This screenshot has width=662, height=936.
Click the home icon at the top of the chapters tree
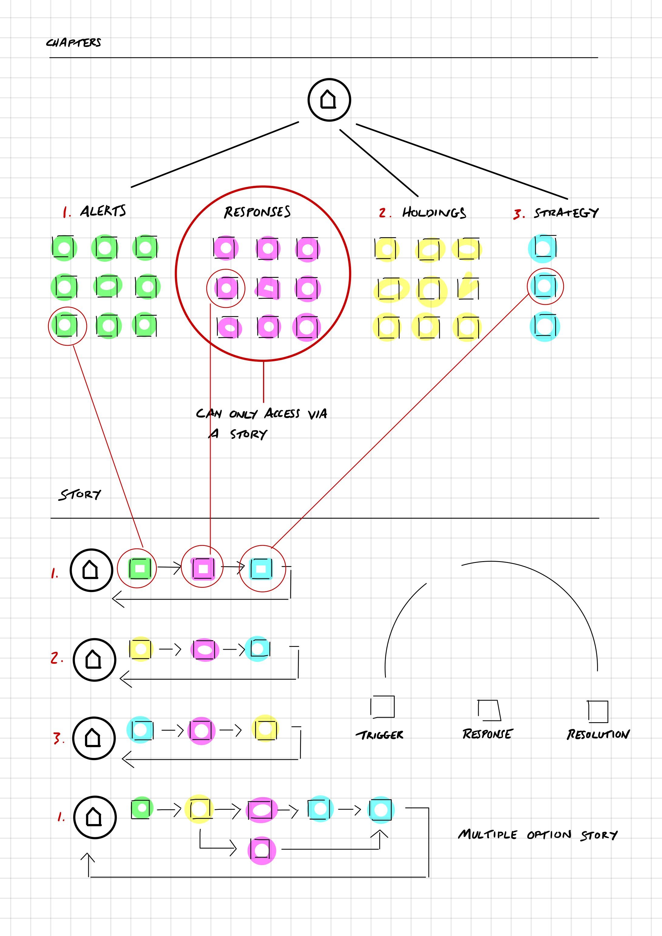coord(329,100)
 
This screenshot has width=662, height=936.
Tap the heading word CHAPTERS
coord(73,42)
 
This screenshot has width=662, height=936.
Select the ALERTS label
coord(103,211)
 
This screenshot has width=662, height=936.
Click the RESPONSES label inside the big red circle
coord(257,212)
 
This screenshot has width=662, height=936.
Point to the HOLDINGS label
coord(434,212)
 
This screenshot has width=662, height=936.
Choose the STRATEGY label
coord(566,213)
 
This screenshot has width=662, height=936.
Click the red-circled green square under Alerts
coord(66,325)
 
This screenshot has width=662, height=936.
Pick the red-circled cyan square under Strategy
coord(545,286)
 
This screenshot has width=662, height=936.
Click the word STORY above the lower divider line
coord(79,494)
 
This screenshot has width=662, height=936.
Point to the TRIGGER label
coord(379,735)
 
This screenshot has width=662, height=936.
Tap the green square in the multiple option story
coord(142,808)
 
